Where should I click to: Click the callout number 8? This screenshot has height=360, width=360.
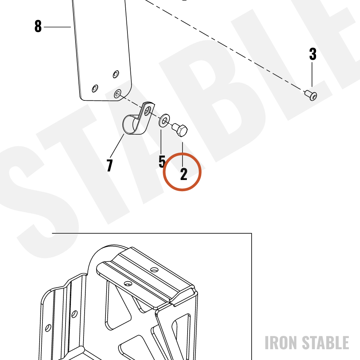click(x=38, y=26)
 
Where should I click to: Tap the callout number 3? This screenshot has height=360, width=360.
click(x=313, y=54)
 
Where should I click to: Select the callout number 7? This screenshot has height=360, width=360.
click(x=110, y=165)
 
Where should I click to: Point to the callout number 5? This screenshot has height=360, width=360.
click(x=162, y=161)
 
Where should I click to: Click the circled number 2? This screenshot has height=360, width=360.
click(x=184, y=174)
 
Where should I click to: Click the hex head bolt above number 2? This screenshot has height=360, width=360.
click(x=180, y=130)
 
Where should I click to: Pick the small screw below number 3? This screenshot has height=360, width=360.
click(x=311, y=95)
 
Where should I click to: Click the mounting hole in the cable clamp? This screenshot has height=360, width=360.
click(x=147, y=111)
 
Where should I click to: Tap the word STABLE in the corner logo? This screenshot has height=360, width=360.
click(x=325, y=343)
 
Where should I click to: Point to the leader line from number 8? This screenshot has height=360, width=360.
click(x=57, y=27)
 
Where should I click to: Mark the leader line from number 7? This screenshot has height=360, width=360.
click(x=117, y=146)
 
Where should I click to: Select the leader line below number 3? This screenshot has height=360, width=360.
click(x=312, y=75)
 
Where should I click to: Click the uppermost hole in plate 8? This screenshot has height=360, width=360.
click(x=116, y=74)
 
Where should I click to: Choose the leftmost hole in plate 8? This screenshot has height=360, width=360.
click(x=95, y=89)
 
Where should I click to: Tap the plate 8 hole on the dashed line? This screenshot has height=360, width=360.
click(x=118, y=94)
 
